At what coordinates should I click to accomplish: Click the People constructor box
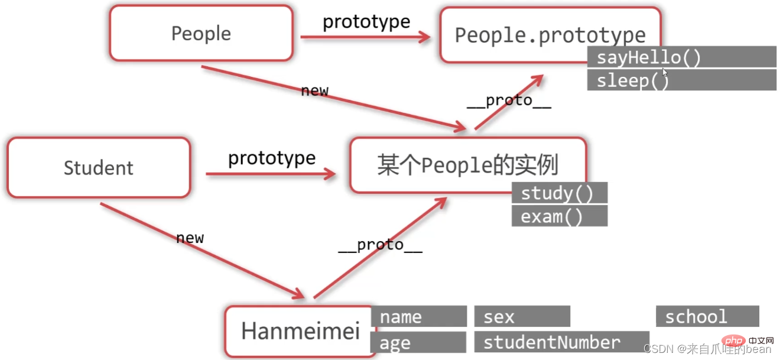(x=201, y=34)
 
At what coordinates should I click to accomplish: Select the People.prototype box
(x=550, y=35)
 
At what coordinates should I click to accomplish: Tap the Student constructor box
(x=98, y=168)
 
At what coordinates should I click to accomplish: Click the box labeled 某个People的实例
(x=467, y=166)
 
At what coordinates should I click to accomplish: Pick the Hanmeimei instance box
(x=300, y=331)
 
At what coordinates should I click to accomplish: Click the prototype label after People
(x=366, y=22)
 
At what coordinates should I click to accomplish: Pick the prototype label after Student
(x=272, y=158)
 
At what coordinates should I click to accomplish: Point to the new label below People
(x=314, y=91)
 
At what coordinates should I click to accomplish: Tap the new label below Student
(x=190, y=238)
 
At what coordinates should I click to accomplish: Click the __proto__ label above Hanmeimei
(x=380, y=245)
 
